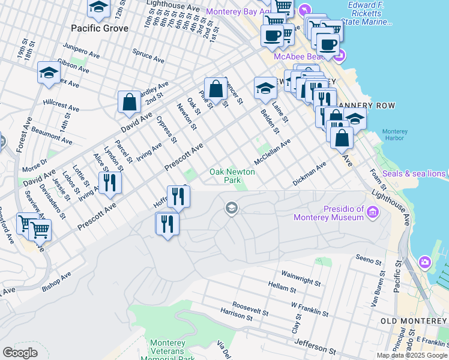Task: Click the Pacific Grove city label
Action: click(99, 28)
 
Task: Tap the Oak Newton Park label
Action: click(232, 176)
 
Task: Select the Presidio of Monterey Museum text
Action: click(335, 213)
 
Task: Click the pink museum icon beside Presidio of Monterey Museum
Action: click(372, 212)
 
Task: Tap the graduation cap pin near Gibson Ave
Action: click(48, 73)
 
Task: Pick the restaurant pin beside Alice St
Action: click(110, 182)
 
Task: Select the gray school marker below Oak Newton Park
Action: click(231, 208)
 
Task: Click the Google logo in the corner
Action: click(20, 352)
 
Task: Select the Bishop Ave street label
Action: click(56, 281)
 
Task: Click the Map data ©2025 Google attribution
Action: click(411, 355)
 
